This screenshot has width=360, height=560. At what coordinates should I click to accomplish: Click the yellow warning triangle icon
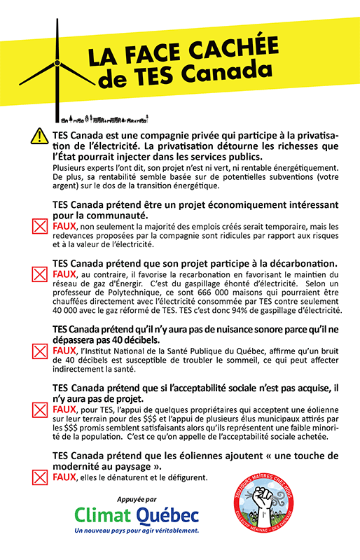point(39,136)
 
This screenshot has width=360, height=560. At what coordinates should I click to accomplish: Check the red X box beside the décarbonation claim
point(39,274)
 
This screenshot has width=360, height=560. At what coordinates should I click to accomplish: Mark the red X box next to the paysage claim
point(39,478)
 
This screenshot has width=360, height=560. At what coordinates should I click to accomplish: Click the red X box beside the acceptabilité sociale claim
point(39,409)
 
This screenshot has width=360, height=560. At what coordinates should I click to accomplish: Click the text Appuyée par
point(137,499)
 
